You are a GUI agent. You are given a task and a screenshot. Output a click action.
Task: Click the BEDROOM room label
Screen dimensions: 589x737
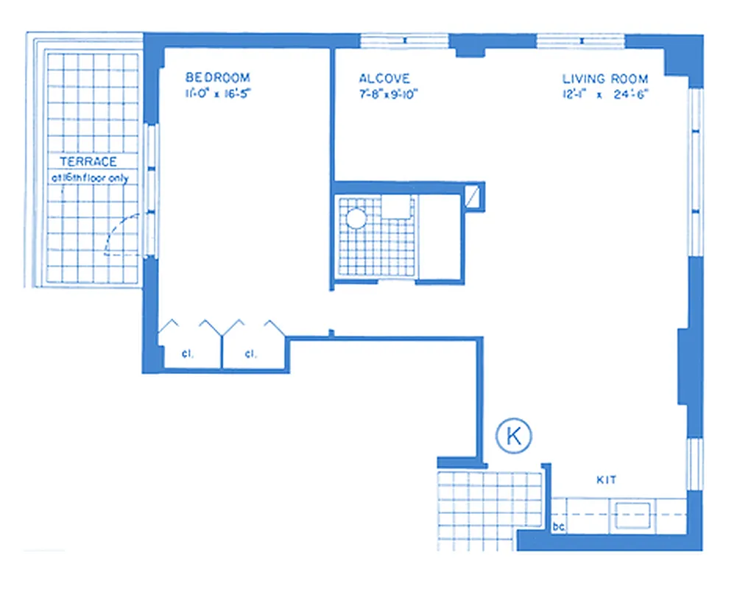click(217, 77)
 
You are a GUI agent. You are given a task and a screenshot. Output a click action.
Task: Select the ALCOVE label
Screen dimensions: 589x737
click(384, 78)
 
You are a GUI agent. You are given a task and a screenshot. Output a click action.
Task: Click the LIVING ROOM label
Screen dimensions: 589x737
click(605, 79)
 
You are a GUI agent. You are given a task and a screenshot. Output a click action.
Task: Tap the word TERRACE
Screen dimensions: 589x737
click(88, 162)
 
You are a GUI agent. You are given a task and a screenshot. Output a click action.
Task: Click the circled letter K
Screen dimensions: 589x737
click(514, 436)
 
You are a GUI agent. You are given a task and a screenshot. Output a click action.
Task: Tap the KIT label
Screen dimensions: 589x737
click(606, 480)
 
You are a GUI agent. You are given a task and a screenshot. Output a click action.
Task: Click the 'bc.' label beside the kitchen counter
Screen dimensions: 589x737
click(558, 526)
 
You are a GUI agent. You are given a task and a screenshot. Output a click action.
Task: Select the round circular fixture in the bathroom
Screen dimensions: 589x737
click(356, 218)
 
